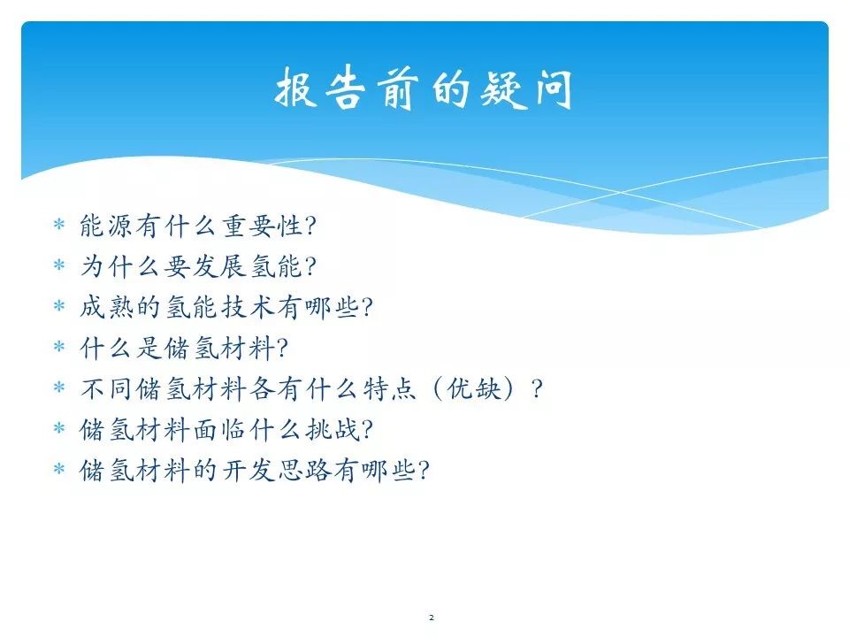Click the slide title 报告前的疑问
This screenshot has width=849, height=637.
click(424, 88)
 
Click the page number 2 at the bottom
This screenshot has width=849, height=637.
click(432, 618)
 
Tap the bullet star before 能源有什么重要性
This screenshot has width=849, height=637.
click(59, 224)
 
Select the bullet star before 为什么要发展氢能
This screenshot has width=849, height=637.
click(59, 265)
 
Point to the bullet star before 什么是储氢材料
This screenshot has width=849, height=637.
click(59, 346)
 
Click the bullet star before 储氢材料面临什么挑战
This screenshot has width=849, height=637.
click(59, 428)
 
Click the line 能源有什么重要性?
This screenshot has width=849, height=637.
click(198, 226)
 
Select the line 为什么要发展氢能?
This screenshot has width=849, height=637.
click(198, 266)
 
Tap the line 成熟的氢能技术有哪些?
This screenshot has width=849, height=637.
click(226, 307)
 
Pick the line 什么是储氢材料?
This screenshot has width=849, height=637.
click(184, 348)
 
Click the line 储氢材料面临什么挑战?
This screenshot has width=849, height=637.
click(226, 430)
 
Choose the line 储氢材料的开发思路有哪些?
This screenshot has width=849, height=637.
click(255, 470)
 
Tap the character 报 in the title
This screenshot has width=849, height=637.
click(296, 88)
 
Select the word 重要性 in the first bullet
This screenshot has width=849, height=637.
click(262, 226)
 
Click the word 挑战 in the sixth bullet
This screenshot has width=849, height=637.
click(332, 430)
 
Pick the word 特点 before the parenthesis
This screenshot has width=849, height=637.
click(390, 388)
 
